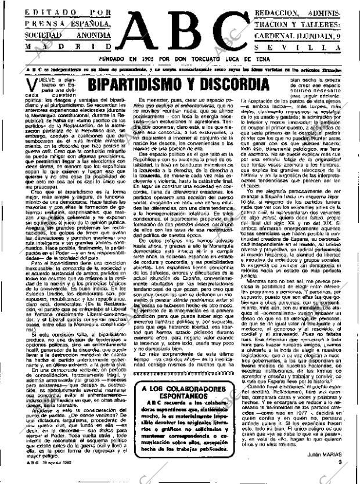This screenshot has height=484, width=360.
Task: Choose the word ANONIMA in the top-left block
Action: click(x=89, y=35)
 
